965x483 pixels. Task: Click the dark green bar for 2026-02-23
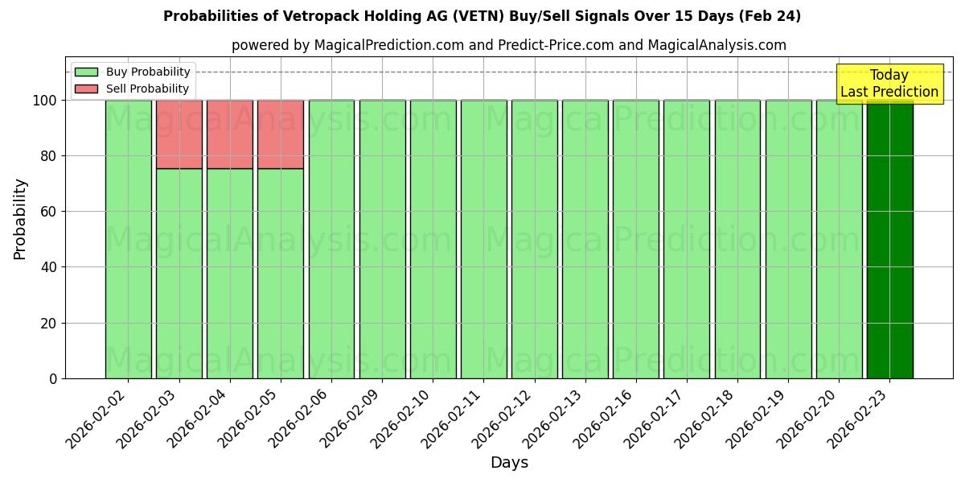tap(889, 239)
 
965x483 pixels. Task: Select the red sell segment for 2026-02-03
tap(179, 134)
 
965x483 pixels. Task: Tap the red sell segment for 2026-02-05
tap(281, 134)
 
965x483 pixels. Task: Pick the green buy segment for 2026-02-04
tap(230, 274)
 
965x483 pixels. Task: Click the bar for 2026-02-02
tap(128, 239)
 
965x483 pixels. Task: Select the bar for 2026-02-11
tap(483, 239)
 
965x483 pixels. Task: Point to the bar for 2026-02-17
tap(687, 239)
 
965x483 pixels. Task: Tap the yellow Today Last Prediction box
tap(889, 84)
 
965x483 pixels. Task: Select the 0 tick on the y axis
tap(53, 378)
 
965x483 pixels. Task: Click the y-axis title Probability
tap(20, 219)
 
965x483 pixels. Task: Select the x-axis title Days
tap(509, 463)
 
